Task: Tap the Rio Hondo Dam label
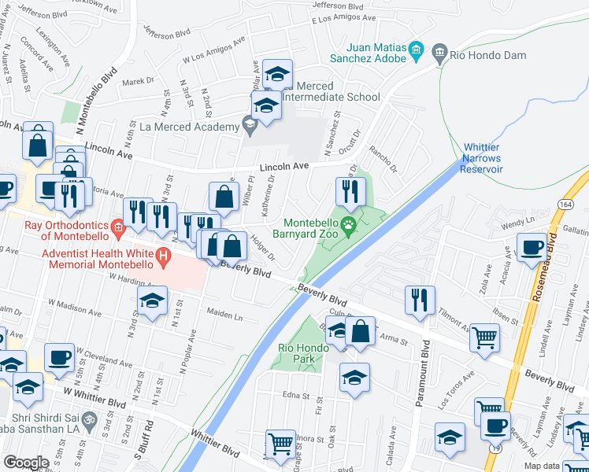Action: pyautogui.click(x=483, y=55)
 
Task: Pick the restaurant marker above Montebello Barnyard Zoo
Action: pyautogui.click(x=350, y=191)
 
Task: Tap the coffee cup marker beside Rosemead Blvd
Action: pyautogui.click(x=532, y=249)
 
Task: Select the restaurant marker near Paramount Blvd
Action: pyautogui.click(x=420, y=300)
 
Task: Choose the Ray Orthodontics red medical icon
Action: pyautogui.click(x=118, y=230)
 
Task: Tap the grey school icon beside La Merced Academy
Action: pyautogui.click(x=250, y=124)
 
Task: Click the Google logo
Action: pyautogui.click(x=26, y=463)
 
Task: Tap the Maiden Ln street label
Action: pyautogui.click(x=225, y=316)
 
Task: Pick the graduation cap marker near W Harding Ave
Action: pyautogui.click(x=153, y=301)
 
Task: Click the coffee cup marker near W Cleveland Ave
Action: pyautogui.click(x=59, y=357)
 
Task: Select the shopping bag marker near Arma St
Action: pyautogui.click(x=360, y=331)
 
